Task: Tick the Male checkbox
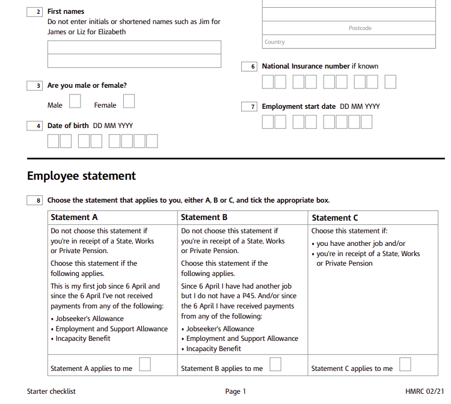click(x=75, y=101)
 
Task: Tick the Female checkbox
click(x=129, y=101)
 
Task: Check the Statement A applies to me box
click(x=145, y=364)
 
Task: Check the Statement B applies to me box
click(x=275, y=364)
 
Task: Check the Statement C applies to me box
click(x=405, y=364)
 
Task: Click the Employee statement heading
click(x=82, y=176)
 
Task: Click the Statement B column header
click(x=204, y=218)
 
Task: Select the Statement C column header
click(x=335, y=218)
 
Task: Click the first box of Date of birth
click(x=54, y=141)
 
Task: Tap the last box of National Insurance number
click(x=390, y=82)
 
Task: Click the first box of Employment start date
click(x=268, y=122)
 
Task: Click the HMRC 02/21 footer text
click(x=425, y=391)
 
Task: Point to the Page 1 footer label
click(x=236, y=391)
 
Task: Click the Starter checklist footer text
click(x=51, y=391)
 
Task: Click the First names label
click(x=66, y=11)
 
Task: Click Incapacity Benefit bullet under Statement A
click(x=82, y=338)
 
